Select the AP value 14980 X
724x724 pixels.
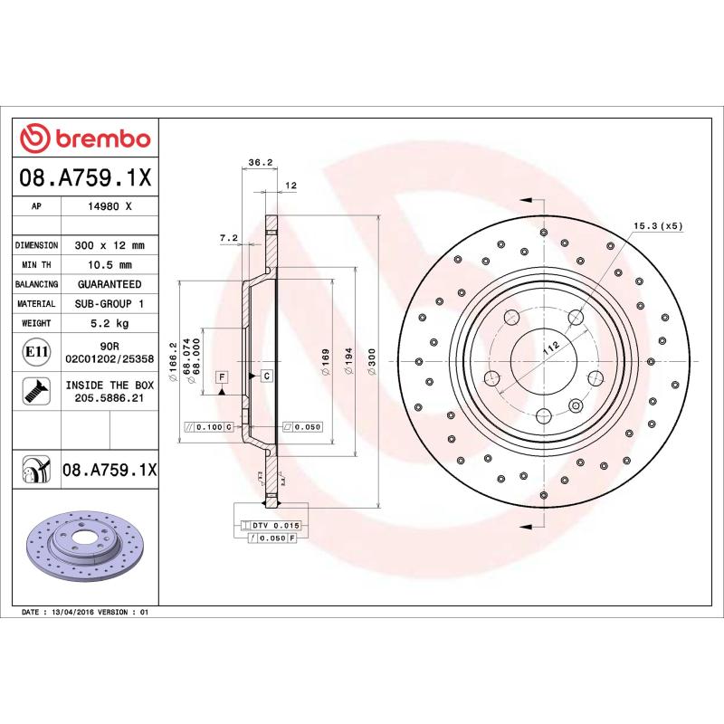tap(110, 207)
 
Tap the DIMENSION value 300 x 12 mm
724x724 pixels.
tap(110, 245)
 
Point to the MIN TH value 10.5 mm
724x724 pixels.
tap(110, 265)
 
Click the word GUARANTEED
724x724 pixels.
tap(110, 284)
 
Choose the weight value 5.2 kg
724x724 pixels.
tap(110, 323)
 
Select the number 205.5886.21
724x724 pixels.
tap(110, 397)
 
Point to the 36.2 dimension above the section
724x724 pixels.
tap(261, 163)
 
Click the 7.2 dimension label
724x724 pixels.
tap(228, 238)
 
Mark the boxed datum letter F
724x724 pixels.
tap(221, 375)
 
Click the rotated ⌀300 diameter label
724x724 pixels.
tap(371, 361)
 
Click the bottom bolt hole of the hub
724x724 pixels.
tap(543, 415)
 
